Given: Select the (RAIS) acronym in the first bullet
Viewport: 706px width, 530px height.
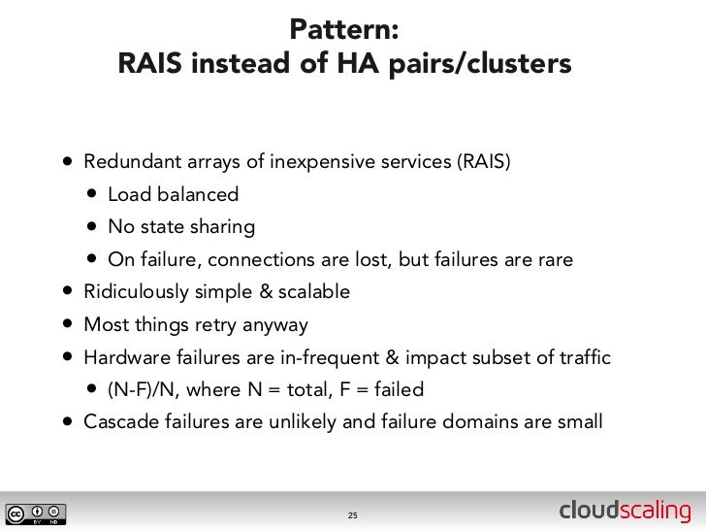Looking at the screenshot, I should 483,161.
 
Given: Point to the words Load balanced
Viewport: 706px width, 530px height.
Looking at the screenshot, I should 173,194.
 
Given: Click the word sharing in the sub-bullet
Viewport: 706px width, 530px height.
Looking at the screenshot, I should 224,227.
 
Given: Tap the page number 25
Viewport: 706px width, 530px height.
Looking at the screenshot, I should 353,513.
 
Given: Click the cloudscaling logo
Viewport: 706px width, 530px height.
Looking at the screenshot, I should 626,512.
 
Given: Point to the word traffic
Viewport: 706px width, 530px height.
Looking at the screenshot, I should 583,358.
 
